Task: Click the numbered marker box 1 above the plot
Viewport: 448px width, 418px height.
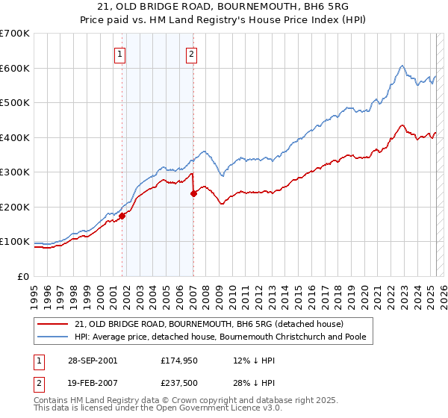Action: coord(120,53)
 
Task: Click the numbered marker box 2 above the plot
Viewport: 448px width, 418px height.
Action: coord(192,53)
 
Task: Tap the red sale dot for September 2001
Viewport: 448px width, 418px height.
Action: coord(122,216)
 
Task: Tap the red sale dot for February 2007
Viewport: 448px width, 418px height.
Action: coord(193,193)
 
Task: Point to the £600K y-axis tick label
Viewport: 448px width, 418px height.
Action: coord(16,68)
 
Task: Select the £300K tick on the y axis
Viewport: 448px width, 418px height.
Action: coord(16,172)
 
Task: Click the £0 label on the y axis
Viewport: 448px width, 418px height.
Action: coord(23,276)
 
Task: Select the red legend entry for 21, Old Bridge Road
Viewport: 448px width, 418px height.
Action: coord(208,324)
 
